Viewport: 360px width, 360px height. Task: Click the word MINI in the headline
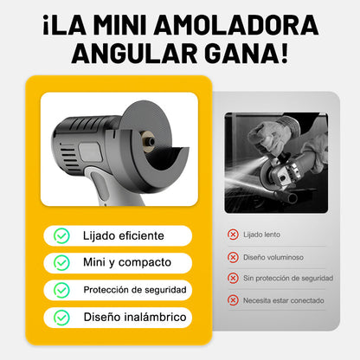[120, 25]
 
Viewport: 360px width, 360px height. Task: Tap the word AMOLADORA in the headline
[236, 25]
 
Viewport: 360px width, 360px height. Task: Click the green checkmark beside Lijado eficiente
[61, 235]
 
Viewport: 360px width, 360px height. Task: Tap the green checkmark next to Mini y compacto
[61, 262]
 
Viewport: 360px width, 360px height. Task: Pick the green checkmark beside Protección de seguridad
[61, 290]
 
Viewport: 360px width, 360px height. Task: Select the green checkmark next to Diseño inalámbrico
[61, 318]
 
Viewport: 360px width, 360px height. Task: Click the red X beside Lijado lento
[233, 235]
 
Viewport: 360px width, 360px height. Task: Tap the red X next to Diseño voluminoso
[233, 257]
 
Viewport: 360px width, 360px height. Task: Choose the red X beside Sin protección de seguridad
[233, 278]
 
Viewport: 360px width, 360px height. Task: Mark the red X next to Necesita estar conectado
[233, 300]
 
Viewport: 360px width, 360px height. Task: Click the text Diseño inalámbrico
[135, 317]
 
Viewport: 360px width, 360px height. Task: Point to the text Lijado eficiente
[124, 235]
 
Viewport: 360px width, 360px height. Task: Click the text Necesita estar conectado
[283, 300]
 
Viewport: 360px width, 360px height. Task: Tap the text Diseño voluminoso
[273, 257]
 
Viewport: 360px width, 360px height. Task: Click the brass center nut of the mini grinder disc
[148, 141]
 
